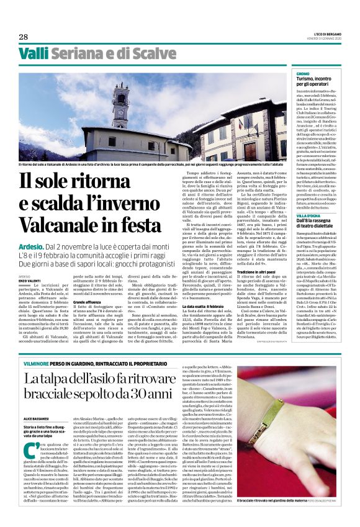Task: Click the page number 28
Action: tap(23, 37)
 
